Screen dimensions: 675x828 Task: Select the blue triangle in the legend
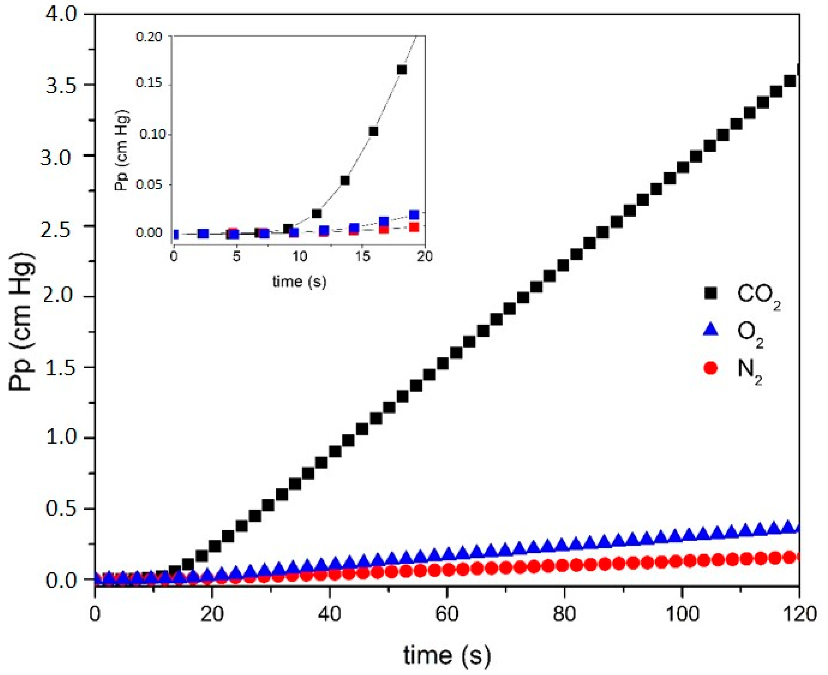711,330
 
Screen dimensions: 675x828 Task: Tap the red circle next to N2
711,367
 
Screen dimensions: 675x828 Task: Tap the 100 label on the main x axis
682,614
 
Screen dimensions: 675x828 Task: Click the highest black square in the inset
402,70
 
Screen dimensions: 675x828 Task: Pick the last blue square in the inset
414,215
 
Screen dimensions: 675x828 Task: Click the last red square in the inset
414,227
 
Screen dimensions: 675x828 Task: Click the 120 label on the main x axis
799,614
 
